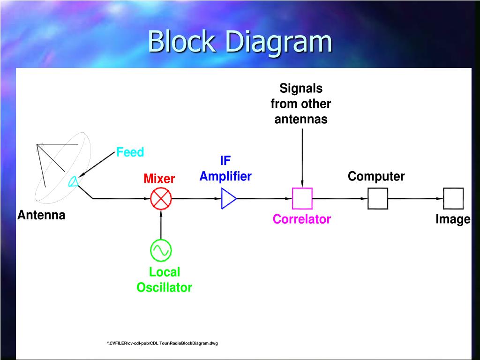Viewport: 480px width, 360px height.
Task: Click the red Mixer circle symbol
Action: point(161,199)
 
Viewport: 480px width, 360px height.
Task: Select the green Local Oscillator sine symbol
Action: point(161,250)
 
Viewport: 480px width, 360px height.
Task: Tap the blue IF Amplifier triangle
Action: point(228,199)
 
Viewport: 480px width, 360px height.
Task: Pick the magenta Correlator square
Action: point(302,198)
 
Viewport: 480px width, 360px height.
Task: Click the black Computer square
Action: point(378,198)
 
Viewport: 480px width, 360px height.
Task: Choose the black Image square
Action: point(453,198)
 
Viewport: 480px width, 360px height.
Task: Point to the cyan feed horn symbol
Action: point(74,181)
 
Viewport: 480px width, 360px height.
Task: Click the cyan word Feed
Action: point(130,152)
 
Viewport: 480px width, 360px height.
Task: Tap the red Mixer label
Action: point(159,179)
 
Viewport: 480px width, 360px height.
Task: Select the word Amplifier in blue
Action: point(225,176)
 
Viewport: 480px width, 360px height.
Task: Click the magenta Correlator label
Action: point(302,219)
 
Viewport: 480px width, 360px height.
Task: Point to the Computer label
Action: point(376,177)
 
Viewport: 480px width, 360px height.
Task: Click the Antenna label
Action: point(41,215)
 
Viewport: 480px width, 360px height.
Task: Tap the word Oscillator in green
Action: point(164,287)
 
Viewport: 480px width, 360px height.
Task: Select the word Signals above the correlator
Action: point(301,88)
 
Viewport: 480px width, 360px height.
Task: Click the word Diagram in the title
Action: point(278,42)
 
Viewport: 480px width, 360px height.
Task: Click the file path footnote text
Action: point(162,344)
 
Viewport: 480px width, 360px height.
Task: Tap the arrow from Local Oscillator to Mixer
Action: point(161,225)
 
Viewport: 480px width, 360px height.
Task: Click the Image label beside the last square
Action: point(452,219)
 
